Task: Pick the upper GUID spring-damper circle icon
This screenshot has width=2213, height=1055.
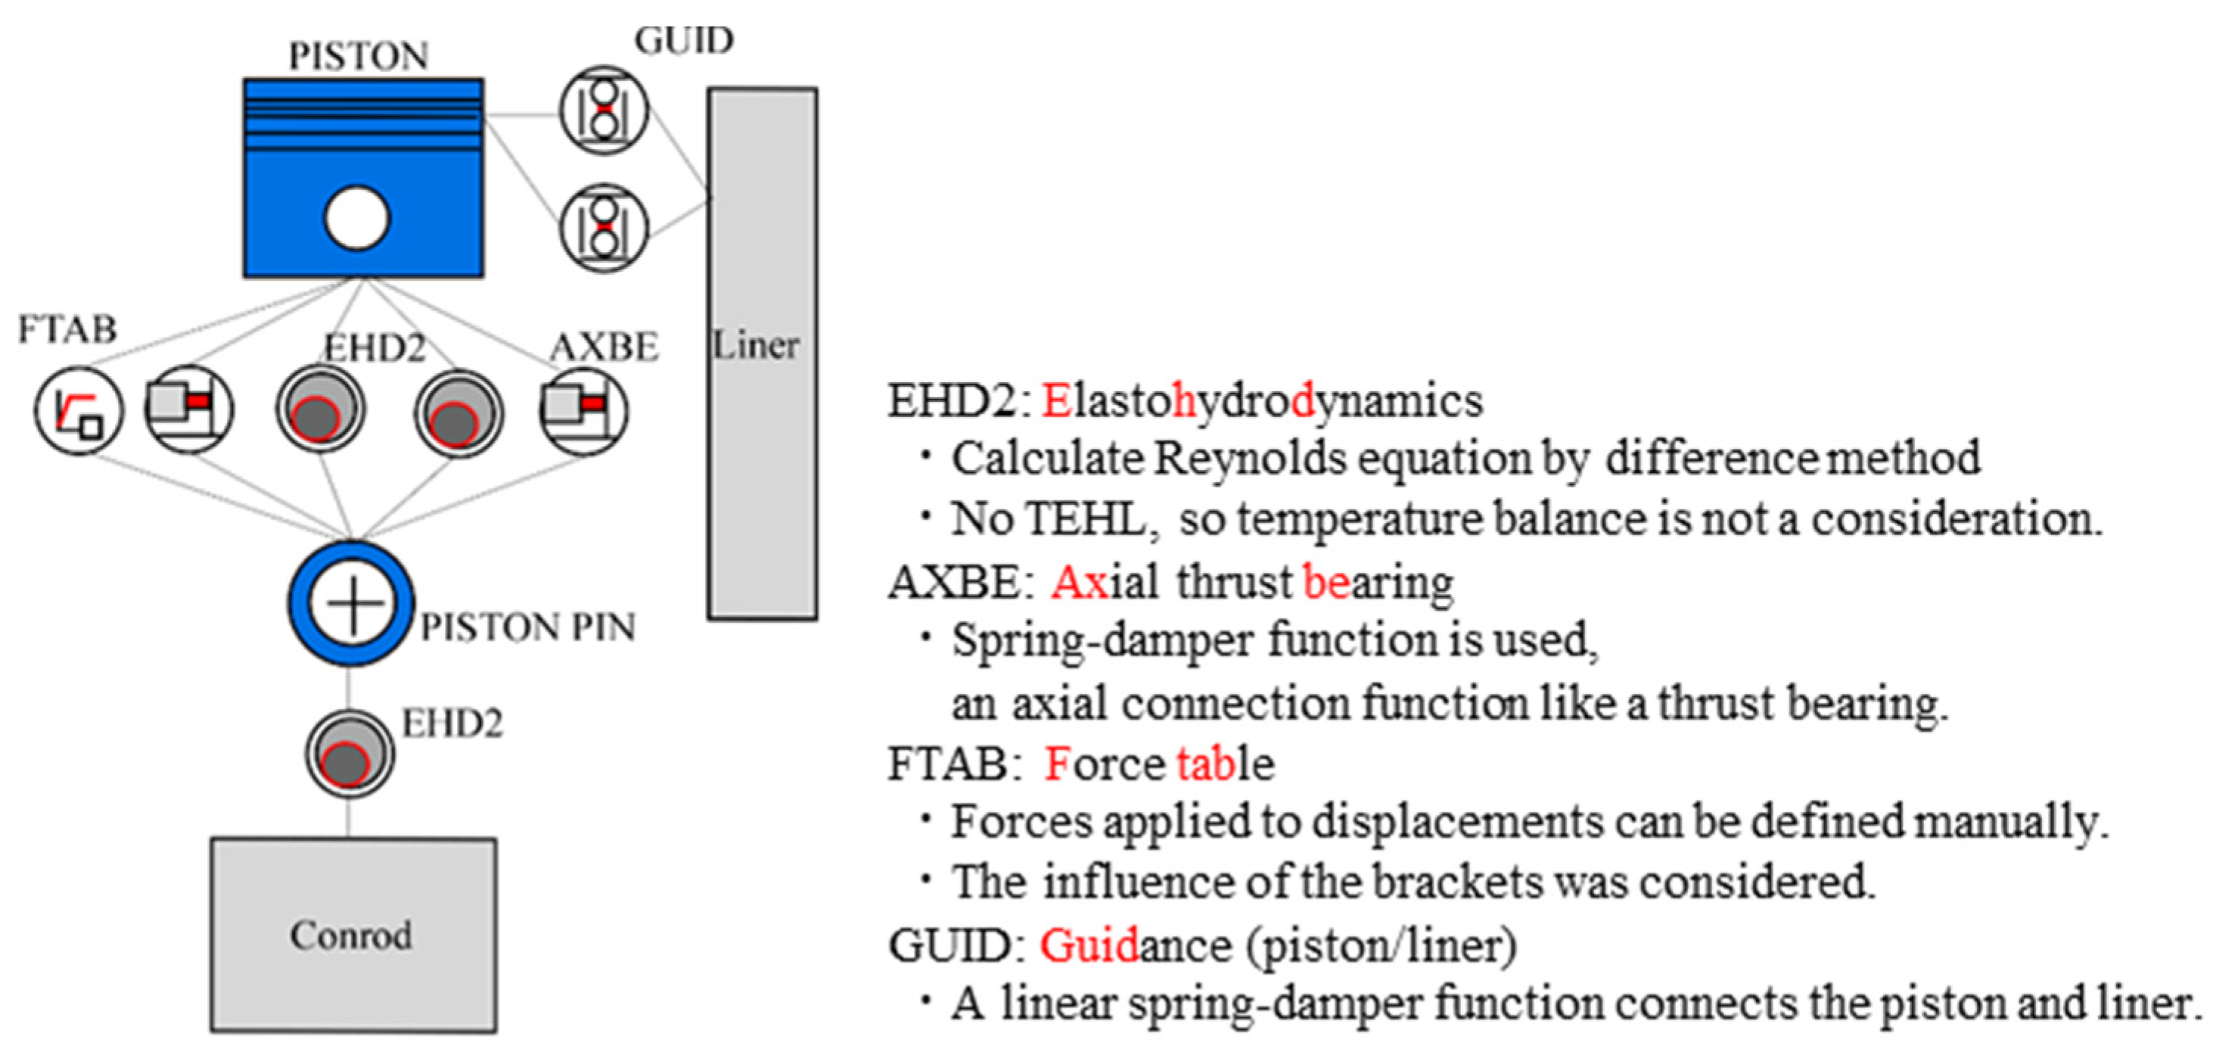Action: (604, 110)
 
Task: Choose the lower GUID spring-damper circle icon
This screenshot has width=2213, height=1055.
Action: (604, 228)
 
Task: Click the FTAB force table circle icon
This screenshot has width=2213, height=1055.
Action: (79, 411)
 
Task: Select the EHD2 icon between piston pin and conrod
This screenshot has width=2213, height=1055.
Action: (350, 755)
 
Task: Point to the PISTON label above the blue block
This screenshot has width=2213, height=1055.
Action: (358, 57)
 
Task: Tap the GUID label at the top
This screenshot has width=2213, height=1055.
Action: (684, 40)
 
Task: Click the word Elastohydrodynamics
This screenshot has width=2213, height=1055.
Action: (1262, 401)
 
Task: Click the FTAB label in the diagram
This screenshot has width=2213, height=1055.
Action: (67, 329)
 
